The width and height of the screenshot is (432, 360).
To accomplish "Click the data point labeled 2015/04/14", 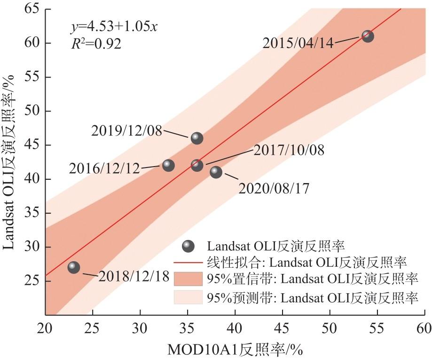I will pyautogui.click(x=368, y=36).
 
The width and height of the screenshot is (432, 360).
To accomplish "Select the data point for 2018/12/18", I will pyautogui.click(x=74, y=267).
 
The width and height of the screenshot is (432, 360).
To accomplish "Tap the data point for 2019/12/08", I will pyautogui.click(x=197, y=138).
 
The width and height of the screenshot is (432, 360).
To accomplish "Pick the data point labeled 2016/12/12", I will pyautogui.click(x=168, y=165).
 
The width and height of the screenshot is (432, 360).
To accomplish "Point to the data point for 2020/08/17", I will pyautogui.click(x=216, y=172).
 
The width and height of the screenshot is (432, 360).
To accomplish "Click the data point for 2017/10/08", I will pyautogui.click(x=197, y=165).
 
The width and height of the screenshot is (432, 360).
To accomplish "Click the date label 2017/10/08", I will pyautogui.click(x=289, y=150).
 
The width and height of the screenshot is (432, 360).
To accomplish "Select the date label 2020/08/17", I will pyautogui.click(x=274, y=189).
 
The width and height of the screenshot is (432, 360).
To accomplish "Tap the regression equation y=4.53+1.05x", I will pyautogui.click(x=113, y=26).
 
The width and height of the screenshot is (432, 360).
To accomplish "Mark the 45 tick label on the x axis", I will pyautogui.click(x=282, y=327).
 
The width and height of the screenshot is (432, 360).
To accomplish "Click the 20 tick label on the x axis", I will pyautogui.click(x=45, y=327).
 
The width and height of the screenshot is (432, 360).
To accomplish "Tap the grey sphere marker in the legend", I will pyautogui.click(x=189, y=246).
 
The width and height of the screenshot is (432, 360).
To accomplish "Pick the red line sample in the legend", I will pyautogui.click(x=188, y=262).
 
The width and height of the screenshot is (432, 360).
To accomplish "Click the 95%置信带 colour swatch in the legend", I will pyautogui.click(x=188, y=279).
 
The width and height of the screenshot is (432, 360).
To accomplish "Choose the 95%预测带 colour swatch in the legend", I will pyautogui.click(x=188, y=297).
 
